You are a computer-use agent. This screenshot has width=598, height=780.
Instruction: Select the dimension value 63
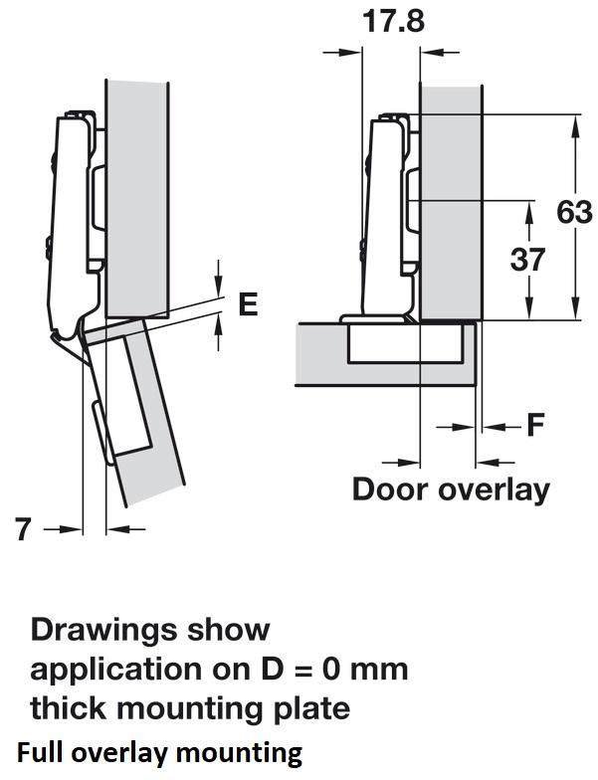pos(575,212)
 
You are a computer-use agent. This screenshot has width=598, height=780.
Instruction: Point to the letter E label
pos(248,304)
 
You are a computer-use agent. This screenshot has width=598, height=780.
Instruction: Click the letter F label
pos(535,426)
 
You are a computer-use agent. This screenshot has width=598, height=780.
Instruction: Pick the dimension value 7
pos(24,530)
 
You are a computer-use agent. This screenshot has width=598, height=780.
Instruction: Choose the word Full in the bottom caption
pos(38,750)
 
